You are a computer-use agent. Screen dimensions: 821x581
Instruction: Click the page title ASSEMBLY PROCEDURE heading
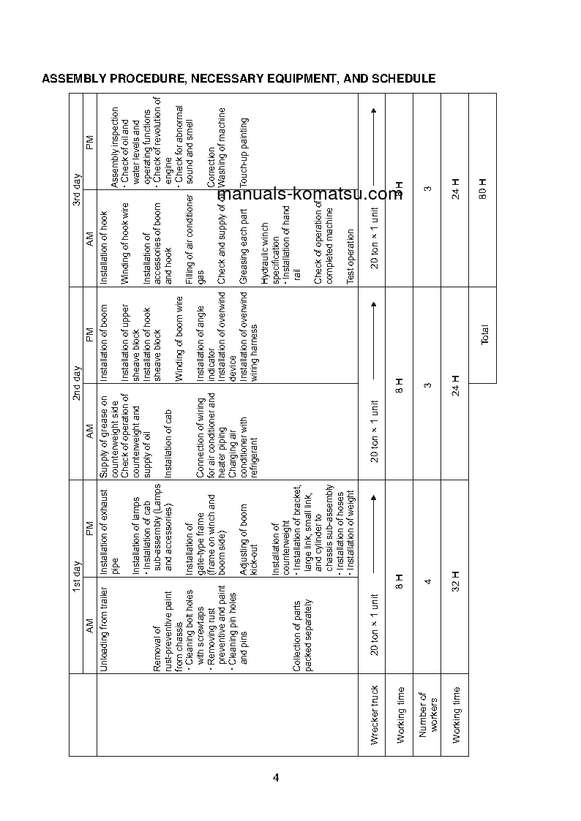coord(239,79)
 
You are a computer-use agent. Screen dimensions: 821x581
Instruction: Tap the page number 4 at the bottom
coord(276,777)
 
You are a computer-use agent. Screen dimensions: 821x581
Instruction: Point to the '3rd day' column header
coord(76,189)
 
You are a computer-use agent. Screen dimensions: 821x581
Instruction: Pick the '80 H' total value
coord(483,189)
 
